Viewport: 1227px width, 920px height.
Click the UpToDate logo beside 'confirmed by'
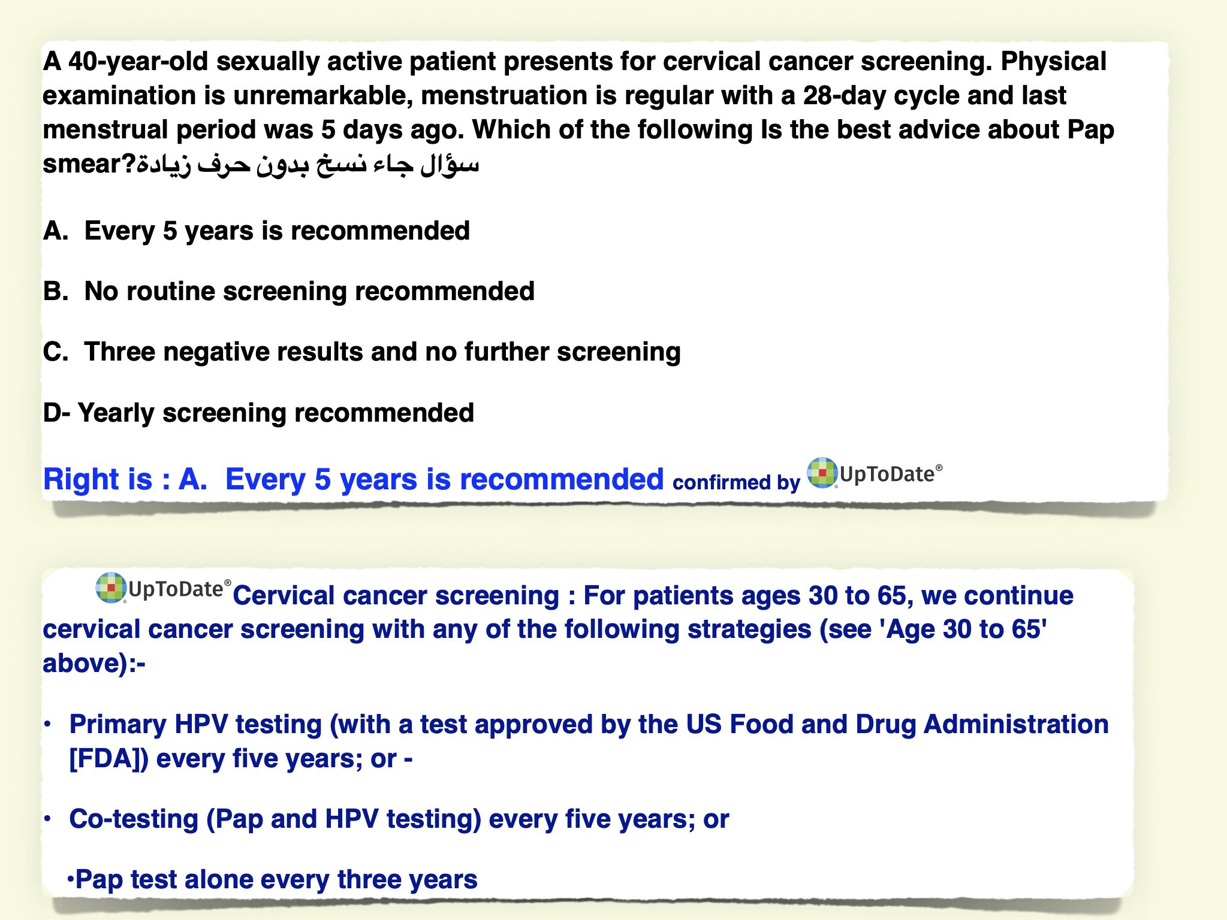click(x=875, y=473)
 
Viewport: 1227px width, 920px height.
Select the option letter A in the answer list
click(x=55, y=231)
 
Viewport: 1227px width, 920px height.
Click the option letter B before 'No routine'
click(x=55, y=291)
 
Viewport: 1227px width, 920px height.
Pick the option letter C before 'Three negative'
click(x=55, y=352)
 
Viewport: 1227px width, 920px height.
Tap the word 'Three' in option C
click(x=120, y=352)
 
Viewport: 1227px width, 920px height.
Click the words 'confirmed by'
click(x=736, y=483)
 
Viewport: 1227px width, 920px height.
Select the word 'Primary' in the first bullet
click(x=118, y=725)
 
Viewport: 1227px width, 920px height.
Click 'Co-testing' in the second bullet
click(x=134, y=819)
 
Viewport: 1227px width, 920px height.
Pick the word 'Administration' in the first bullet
click(x=1016, y=725)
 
